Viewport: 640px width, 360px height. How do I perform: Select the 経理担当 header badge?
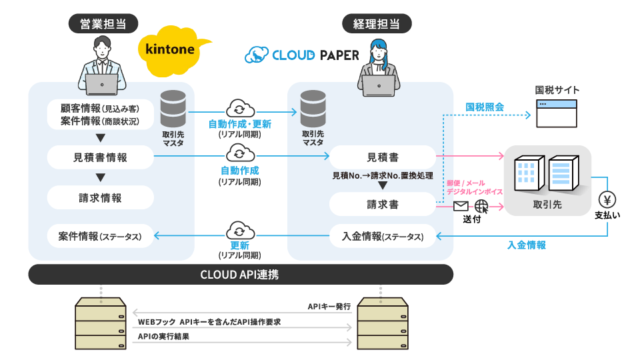point(376,24)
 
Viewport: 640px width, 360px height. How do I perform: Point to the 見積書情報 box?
point(101,157)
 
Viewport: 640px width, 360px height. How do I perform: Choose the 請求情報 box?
point(101,197)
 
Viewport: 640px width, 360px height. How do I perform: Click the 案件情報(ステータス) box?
point(101,236)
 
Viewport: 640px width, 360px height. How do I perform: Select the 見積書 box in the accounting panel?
point(383,157)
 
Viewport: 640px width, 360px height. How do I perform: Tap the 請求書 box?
point(383,205)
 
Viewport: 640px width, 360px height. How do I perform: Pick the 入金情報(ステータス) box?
point(383,236)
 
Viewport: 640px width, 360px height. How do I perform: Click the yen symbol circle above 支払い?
point(607,199)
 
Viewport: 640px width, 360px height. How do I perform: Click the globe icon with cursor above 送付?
point(481,206)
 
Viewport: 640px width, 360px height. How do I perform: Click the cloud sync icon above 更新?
point(239,231)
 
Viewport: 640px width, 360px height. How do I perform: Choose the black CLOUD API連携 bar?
point(241,274)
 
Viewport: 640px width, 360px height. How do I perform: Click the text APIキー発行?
point(329,307)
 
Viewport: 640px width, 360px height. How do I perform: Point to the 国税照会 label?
point(485,107)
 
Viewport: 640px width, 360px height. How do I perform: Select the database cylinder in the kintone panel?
point(173,109)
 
